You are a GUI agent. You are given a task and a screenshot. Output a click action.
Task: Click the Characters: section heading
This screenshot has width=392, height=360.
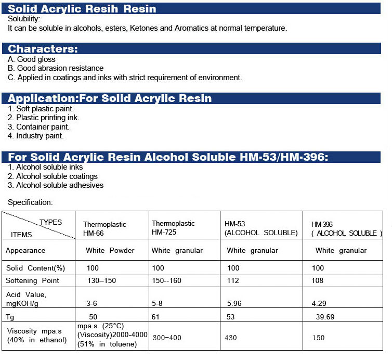pos(43,49)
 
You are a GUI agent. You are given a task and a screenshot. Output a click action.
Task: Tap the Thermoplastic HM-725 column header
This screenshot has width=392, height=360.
pos(173,228)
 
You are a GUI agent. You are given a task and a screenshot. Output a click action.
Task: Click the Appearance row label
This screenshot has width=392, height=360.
pos(25,251)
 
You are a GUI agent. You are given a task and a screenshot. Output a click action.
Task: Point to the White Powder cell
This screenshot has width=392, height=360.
pos(110,251)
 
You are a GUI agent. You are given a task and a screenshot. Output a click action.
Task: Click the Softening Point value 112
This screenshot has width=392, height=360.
pos(233,280)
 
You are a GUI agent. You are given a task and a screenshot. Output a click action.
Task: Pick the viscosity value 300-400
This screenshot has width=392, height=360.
pos(167,338)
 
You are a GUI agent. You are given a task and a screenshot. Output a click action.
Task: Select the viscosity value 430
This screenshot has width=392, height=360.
pos(231,338)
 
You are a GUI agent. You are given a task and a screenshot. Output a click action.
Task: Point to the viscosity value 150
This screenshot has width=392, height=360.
pos(318,338)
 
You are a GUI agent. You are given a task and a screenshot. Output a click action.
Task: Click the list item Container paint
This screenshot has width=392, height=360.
pos(42,127)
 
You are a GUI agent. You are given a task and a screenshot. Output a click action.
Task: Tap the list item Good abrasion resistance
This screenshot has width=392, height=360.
pos(60,68)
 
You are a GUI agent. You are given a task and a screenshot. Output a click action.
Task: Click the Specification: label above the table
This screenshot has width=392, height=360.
pos(31,202)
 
